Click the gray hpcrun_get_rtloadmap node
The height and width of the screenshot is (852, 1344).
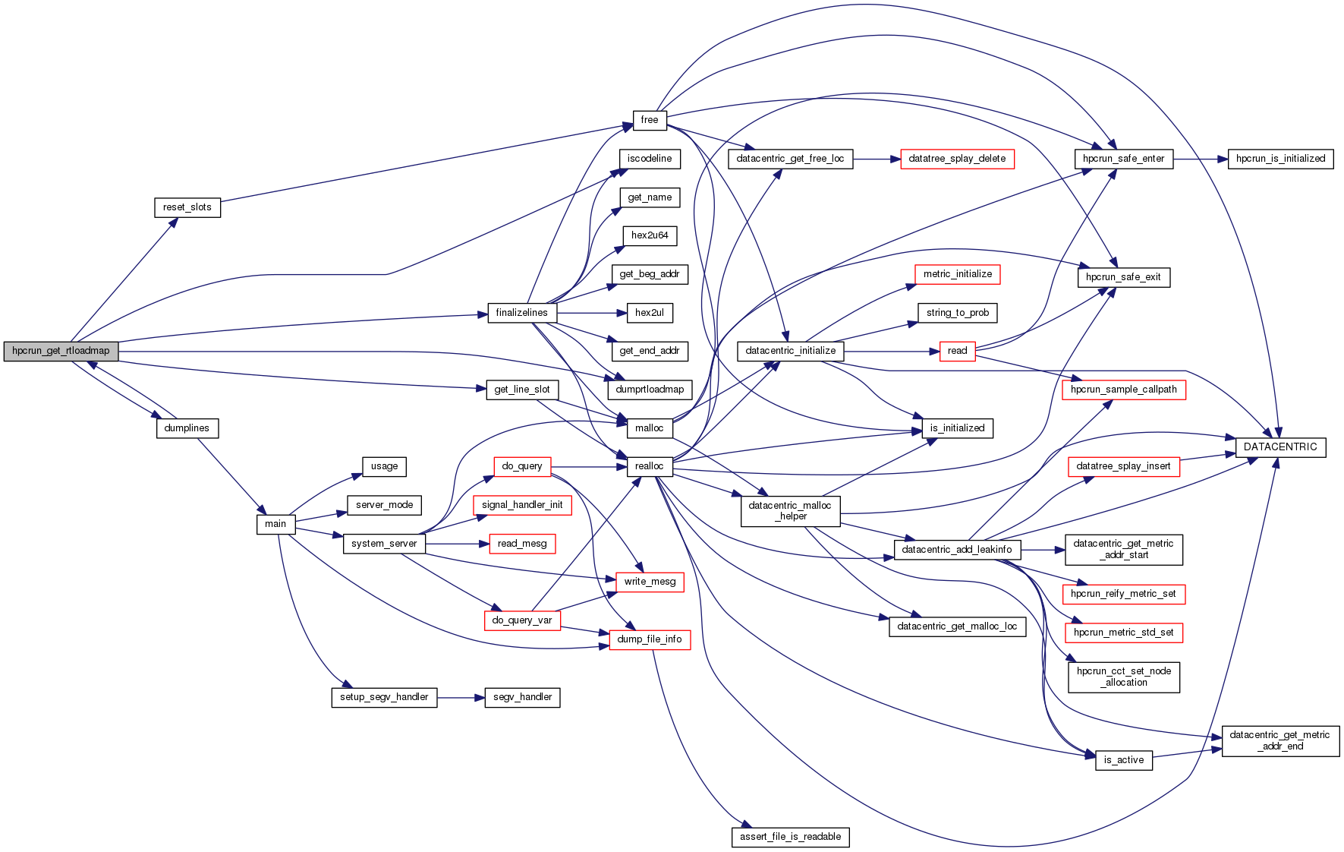[61, 351]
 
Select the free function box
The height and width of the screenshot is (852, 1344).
[650, 120]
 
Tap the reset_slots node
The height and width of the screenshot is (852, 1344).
[187, 207]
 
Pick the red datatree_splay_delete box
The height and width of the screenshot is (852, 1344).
[957, 159]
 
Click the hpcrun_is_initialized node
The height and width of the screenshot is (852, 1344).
[1280, 159]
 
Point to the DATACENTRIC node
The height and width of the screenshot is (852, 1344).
[1280, 447]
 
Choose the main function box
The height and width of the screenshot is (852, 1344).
[275, 524]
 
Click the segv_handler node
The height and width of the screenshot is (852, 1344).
[522, 697]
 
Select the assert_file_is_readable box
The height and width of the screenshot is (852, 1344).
[790, 837]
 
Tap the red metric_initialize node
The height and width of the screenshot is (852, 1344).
[958, 274]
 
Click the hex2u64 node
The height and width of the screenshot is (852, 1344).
[650, 235]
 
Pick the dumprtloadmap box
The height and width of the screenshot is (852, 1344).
[650, 390]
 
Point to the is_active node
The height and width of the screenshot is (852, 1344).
[1124, 760]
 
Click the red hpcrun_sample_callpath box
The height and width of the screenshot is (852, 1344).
[1123, 390]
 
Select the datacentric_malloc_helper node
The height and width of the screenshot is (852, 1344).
[790, 511]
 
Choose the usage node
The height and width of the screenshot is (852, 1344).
[384, 466]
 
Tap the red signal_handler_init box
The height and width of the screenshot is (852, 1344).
[522, 505]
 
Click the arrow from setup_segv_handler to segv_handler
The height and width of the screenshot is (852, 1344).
[461, 697]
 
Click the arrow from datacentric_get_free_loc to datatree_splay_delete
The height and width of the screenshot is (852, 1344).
[877, 159]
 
